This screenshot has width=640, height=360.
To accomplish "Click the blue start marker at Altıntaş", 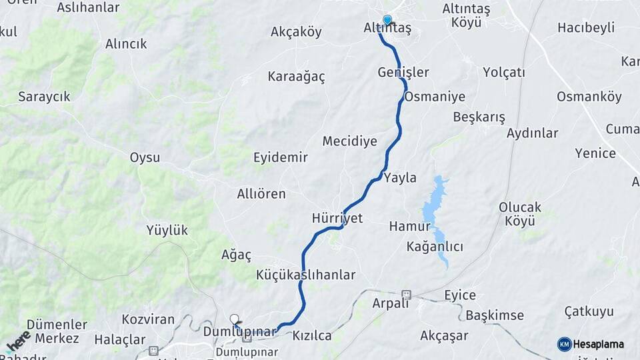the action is [387, 20].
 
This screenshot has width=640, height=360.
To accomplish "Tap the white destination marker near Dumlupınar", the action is [234, 319].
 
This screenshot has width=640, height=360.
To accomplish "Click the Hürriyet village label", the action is [337, 218].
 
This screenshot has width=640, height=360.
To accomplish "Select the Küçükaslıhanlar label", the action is [306, 275].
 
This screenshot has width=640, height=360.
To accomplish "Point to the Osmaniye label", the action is [435, 97].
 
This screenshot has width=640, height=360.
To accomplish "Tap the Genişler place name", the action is [403, 72].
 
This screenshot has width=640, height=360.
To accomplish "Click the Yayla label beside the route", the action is [400, 177].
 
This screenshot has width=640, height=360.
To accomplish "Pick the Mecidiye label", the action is [350, 141].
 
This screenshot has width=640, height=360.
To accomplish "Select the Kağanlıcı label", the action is [435, 247].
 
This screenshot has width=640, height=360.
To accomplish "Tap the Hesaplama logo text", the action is [599, 345].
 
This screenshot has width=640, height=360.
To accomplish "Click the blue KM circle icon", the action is [565, 345].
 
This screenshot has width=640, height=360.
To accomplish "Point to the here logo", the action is [18, 341].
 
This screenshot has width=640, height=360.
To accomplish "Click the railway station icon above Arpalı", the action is [406, 294].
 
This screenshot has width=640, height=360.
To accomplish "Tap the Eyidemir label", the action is [281, 158].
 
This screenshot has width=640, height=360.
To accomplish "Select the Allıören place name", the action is [261, 194].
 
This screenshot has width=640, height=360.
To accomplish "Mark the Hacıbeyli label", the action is [586, 28].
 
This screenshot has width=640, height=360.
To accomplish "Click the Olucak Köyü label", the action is [520, 214].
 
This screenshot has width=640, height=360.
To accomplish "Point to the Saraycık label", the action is [45, 97].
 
